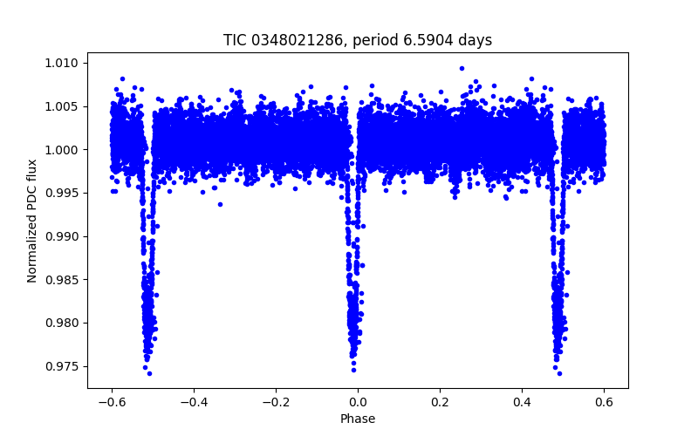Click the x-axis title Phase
358,419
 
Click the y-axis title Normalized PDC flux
32,220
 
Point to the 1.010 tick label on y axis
63,63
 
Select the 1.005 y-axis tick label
63,106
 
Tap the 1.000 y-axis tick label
63,150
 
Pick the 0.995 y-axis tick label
63,193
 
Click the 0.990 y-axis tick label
63,236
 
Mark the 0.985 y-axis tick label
63,280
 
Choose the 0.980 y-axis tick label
63,323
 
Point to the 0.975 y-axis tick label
63,366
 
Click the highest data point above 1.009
462,68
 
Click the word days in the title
476,40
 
